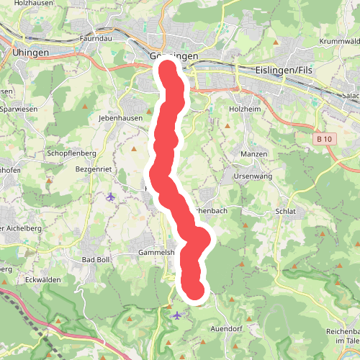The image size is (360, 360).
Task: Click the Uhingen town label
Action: click(x=30, y=53)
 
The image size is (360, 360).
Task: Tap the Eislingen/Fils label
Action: click(x=284, y=70)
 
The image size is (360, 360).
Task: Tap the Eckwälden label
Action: click(x=41, y=279)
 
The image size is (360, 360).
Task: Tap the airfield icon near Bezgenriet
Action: click(x=110, y=197)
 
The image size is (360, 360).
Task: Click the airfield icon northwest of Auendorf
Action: click(x=177, y=315)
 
